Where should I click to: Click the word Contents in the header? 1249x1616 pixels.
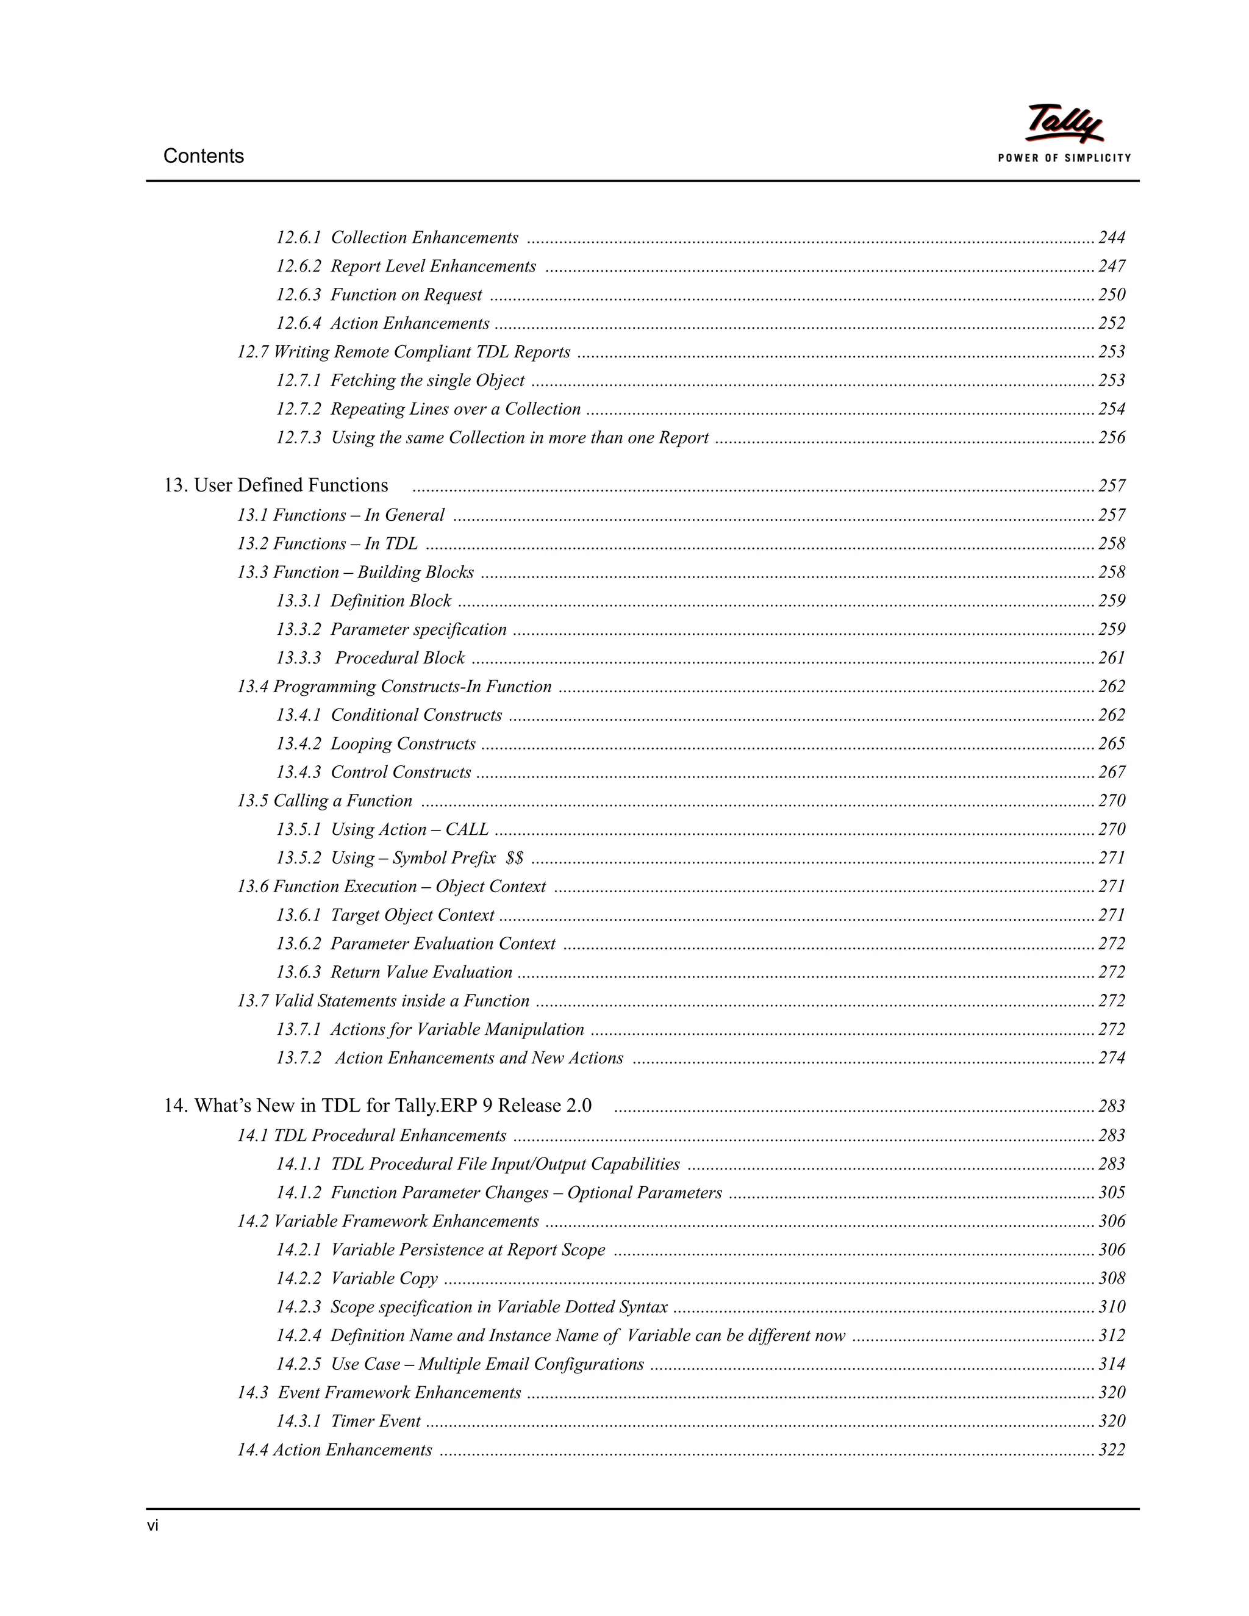pos(204,156)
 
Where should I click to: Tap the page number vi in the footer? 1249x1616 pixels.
pos(152,1526)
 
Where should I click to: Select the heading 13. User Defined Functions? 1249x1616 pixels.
pos(276,485)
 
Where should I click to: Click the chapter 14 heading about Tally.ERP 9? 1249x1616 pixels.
pos(378,1106)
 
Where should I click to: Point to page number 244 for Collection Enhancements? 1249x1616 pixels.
pos(1111,237)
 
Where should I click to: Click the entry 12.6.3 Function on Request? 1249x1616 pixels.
pos(379,295)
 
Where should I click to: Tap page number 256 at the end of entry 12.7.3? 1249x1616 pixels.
pos(1111,438)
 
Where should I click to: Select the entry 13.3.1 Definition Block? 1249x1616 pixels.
pos(363,601)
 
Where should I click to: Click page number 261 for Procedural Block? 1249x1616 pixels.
pos(1111,658)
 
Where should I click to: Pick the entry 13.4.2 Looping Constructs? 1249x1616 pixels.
pos(376,743)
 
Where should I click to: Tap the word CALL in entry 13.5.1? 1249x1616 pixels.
pos(467,829)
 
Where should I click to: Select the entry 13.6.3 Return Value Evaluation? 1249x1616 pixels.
pos(393,972)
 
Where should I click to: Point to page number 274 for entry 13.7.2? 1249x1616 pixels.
pos(1111,1058)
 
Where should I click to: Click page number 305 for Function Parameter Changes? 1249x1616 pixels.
pos(1111,1193)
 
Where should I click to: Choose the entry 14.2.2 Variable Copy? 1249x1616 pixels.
pos(357,1279)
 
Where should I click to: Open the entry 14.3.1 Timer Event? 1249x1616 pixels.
pos(348,1421)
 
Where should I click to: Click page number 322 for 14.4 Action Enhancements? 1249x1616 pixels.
pos(1111,1450)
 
